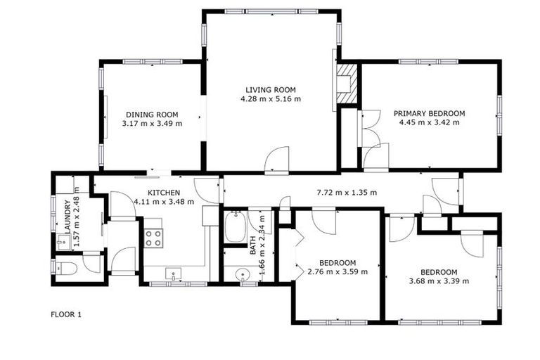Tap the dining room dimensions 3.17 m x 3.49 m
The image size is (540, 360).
[x=152, y=124]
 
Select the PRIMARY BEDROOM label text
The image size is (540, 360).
[x=429, y=113]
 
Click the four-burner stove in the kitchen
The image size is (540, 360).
[x=153, y=238]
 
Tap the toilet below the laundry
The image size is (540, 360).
[x=67, y=267]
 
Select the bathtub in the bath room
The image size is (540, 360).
[x=234, y=226]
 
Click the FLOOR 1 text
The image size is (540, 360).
[x=67, y=314]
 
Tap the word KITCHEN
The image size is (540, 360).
[x=163, y=193]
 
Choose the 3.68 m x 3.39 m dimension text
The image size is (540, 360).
[x=439, y=281]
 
